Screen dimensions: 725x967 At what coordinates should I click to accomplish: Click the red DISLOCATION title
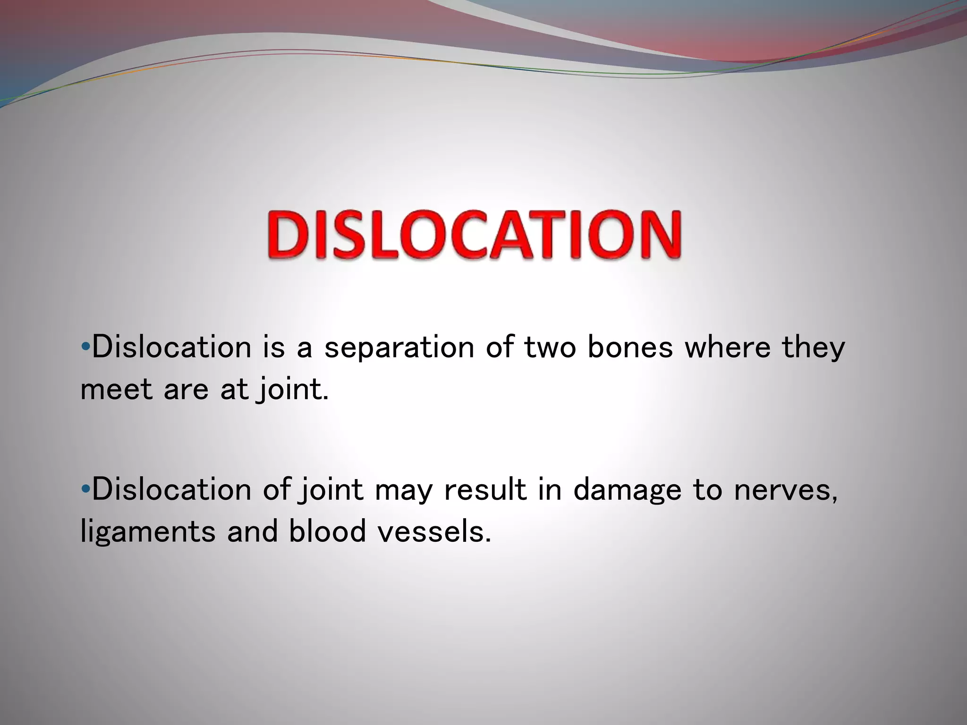tap(475, 235)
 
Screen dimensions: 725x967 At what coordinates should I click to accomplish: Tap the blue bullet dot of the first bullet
tap(85, 347)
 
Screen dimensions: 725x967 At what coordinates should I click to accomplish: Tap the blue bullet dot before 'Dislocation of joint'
tap(85, 489)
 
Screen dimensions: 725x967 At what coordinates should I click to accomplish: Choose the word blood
tap(327, 531)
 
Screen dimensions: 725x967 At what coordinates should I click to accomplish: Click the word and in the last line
tap(252, 531)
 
